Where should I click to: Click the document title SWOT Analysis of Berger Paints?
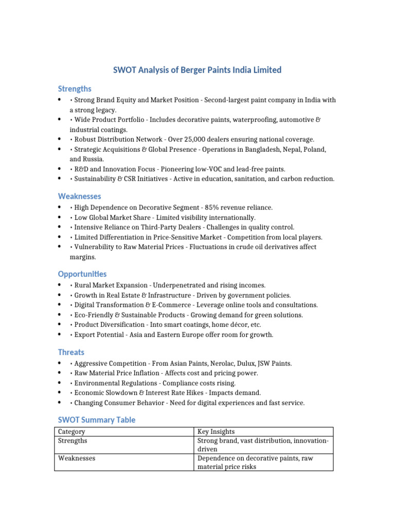pyautogui.click(x=197, y=70)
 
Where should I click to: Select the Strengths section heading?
pyautogui.click(x=75, y=89)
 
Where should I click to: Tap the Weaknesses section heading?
pyautogui.click(x=79, y=196)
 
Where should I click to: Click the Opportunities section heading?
pyautogui.click(x=82, y=274)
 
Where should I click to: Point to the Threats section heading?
pyautogui.click(x=71, y=353)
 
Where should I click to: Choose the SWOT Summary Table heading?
pyautogui.click(x=97, y=420)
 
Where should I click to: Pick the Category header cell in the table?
pyautogui.click(x=71, y=432)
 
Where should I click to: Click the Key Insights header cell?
pyautogui.click(x=216, y=432)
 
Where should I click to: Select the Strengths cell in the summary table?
pyautogui.click(x=73, y=441)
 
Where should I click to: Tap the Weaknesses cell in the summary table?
pyautogui.click(x=77, y=458)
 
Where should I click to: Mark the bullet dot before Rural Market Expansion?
pyautogui.click(x=60, y=285)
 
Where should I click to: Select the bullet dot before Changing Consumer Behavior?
pyautogui.click(x=60, y=402)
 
